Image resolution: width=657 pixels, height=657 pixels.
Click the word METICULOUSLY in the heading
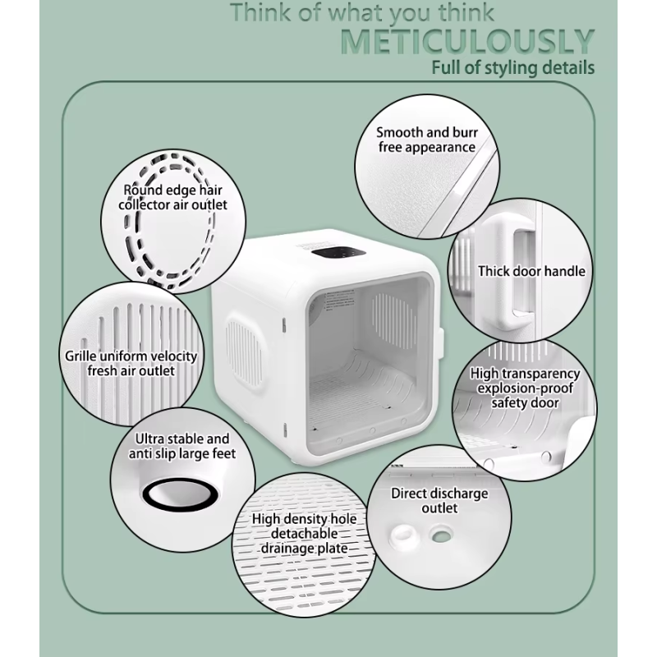tap(466, 41)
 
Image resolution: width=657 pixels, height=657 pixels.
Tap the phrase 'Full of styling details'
tap(513, 67)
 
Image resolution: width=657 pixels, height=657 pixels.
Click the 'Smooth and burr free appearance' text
tap(426, 140)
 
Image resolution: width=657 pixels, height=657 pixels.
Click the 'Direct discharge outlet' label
tap(439, 501)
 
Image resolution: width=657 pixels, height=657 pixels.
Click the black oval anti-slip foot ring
tap(179, 495)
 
